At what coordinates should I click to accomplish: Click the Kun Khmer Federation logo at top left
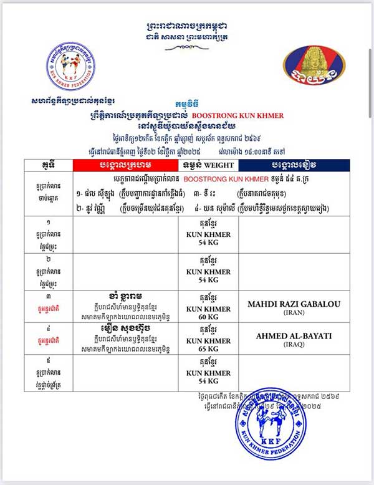point(70,65)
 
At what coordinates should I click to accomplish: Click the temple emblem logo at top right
point(314,67)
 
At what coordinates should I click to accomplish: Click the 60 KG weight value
point(208,317)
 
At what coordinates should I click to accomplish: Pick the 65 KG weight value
point(208,349)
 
